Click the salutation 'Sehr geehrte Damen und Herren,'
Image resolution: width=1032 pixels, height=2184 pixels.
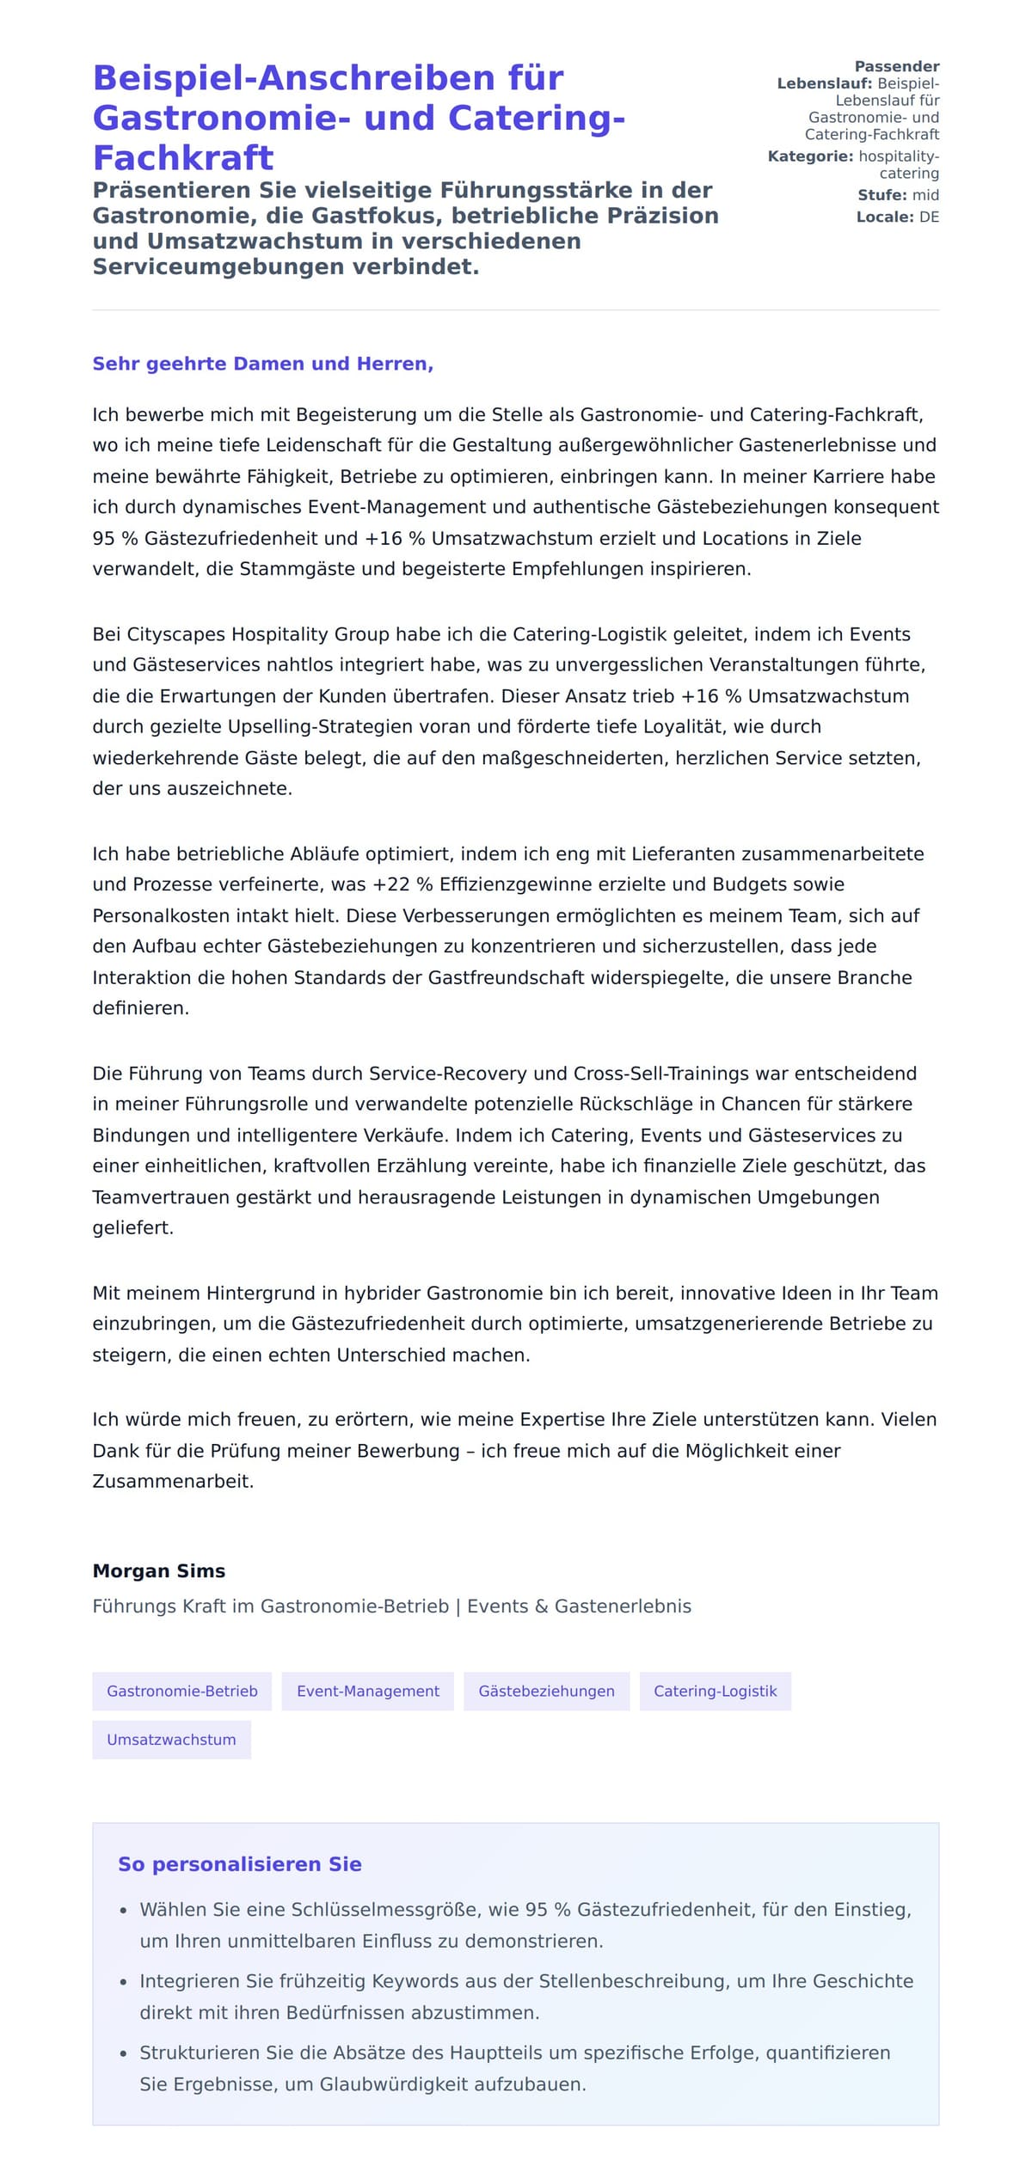[262, 364]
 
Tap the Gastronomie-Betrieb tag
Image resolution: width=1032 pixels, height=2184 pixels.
[181, 1691]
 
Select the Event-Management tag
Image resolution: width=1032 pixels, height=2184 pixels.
[367, 1691]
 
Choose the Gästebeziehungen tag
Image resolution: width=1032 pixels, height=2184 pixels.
[546, 1691]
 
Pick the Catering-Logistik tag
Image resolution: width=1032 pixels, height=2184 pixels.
[715, 1691]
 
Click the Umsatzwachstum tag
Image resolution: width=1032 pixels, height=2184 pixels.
[171, 1740]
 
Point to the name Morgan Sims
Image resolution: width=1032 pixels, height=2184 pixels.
[159, 1570]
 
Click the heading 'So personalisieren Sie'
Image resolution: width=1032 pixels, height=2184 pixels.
[239, 1863]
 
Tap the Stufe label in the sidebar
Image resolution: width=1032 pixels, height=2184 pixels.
[881, 195]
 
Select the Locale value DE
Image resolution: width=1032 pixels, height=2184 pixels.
[929, 217]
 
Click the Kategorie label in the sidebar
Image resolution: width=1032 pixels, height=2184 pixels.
[810, 156]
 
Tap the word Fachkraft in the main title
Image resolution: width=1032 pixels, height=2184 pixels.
[183, 158]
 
